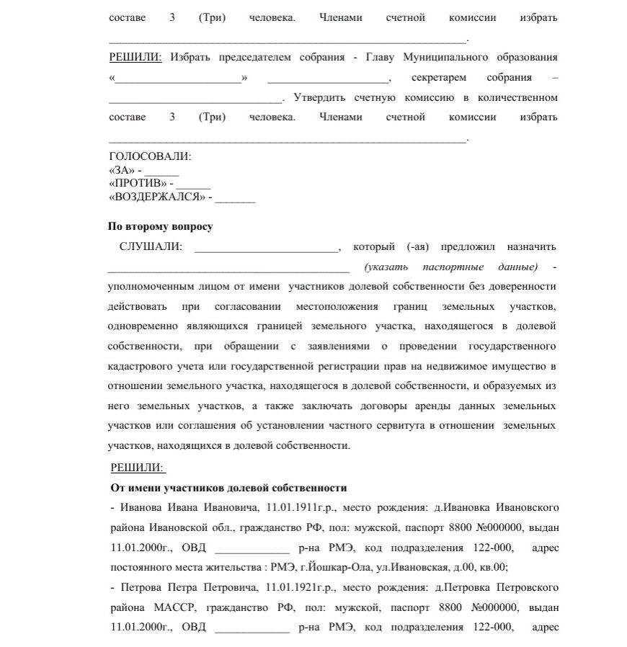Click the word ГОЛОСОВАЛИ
[x=150, y=156]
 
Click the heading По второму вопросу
[x=161, y=226]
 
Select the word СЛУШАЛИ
[x=151, y=247]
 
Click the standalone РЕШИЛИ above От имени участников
[x=137, y=468]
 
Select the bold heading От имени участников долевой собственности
[x=229, y=488]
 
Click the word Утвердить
[x=317, y=97]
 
